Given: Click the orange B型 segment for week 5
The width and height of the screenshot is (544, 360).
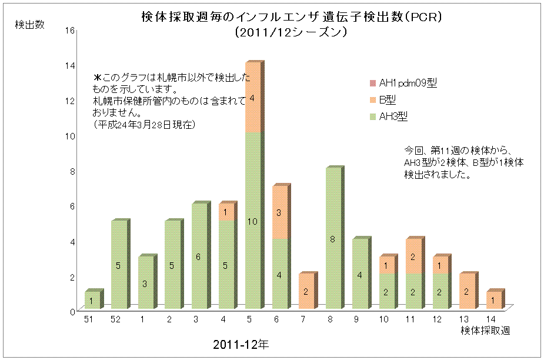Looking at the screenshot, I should tap(252, 98).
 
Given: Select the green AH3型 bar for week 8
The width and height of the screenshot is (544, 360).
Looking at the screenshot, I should tap(333, 239).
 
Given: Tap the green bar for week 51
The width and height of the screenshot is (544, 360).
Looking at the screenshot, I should tap(92, 300).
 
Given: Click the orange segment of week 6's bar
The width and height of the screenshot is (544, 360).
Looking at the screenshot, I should tap(279, 212).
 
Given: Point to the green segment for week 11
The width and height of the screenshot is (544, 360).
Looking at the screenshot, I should tap(414, 292).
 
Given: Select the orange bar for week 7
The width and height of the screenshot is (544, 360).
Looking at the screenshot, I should tap(306, 292).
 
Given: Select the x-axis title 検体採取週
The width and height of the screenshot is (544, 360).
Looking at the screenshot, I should tap(485, 331).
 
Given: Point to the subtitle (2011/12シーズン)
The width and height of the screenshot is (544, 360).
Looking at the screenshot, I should tap(292, 33).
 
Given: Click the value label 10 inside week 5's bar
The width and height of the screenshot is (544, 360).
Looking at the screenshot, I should tap(252, 221).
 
